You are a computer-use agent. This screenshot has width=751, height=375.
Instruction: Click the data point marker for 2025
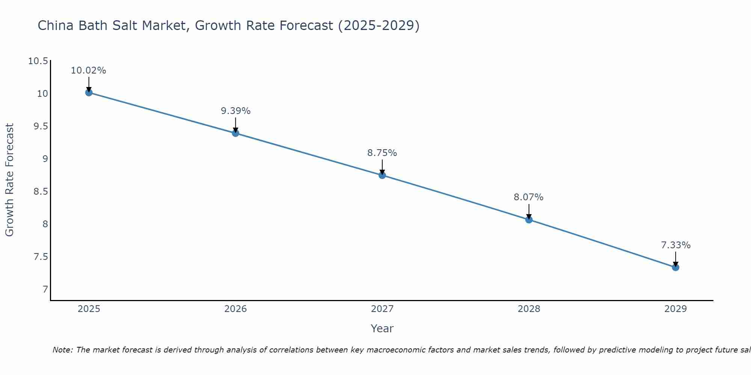pos(89,93)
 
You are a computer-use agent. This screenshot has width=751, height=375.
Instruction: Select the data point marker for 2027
pos(382,175)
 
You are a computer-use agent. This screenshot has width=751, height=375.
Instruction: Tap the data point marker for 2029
pos(676,267)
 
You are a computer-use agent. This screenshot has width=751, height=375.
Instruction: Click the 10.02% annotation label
pos(89,70)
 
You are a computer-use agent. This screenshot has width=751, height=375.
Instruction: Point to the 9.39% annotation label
pos(235,111)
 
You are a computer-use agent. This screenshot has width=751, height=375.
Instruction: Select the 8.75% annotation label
pos(382,153)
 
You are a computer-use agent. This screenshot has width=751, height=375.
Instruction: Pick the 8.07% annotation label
pos(528,197)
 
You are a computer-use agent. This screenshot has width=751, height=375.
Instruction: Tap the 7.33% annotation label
pos(676,245)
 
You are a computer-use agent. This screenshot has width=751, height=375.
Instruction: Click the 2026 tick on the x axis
pos(235,309)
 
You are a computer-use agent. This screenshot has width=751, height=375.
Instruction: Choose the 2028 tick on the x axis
pos(529,309)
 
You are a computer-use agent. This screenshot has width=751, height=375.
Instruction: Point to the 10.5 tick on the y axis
pos(38,61)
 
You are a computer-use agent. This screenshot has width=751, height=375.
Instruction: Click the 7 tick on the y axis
pos(45,289)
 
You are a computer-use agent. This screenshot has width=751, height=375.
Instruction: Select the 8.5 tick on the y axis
pos(41,192)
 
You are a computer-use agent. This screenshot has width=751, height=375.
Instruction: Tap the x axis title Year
pos(382,328)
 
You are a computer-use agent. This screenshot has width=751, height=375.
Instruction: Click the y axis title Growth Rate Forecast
pos(9,180)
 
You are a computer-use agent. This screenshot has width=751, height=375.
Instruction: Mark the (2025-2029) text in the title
pos(379,25)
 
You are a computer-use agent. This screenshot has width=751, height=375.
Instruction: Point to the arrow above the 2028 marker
pos(529,211)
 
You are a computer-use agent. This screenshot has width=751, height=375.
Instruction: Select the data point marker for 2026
pos(235,133)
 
